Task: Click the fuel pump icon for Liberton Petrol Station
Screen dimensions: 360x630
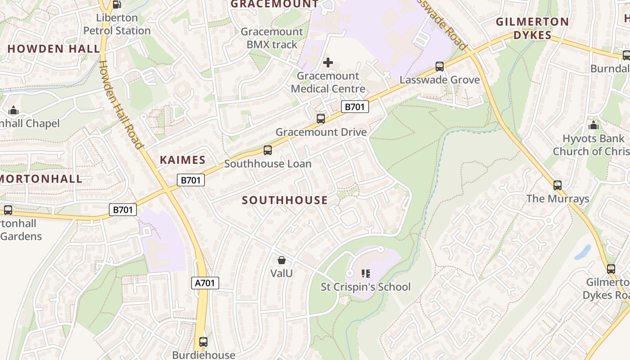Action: pos(117,4)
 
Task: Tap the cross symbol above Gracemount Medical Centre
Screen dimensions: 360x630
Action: pos(328,63)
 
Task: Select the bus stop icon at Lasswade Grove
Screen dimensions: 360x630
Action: pos(440,67)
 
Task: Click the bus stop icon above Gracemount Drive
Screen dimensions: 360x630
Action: pos(321,119)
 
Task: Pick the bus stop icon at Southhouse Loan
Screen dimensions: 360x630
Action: pos(268,150)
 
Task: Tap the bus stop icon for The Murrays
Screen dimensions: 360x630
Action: pos(558,185)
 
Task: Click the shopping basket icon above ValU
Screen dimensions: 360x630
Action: pos(282,260)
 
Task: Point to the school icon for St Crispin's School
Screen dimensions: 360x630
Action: pos(365,273)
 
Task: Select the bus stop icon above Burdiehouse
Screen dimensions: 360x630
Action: pos(203,342)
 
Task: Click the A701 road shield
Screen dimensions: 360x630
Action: pos(206,283)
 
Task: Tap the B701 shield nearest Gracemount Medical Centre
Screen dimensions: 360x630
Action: pos(355,107)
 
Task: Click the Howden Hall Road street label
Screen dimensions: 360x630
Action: pos(120,104)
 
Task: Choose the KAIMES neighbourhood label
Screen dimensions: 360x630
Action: pos(183,160)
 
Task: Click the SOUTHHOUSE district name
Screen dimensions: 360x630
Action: pos(285,200)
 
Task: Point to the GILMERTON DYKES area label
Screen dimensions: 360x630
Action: pos(532,28)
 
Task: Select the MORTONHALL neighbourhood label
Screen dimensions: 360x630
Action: pos(40,179)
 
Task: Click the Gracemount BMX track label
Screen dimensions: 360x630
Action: pos(272,38)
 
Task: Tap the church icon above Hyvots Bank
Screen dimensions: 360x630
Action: pos(594,125)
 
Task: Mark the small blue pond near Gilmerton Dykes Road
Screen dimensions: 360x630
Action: pos(583,252)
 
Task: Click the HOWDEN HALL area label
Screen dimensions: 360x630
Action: pos(54,49)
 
